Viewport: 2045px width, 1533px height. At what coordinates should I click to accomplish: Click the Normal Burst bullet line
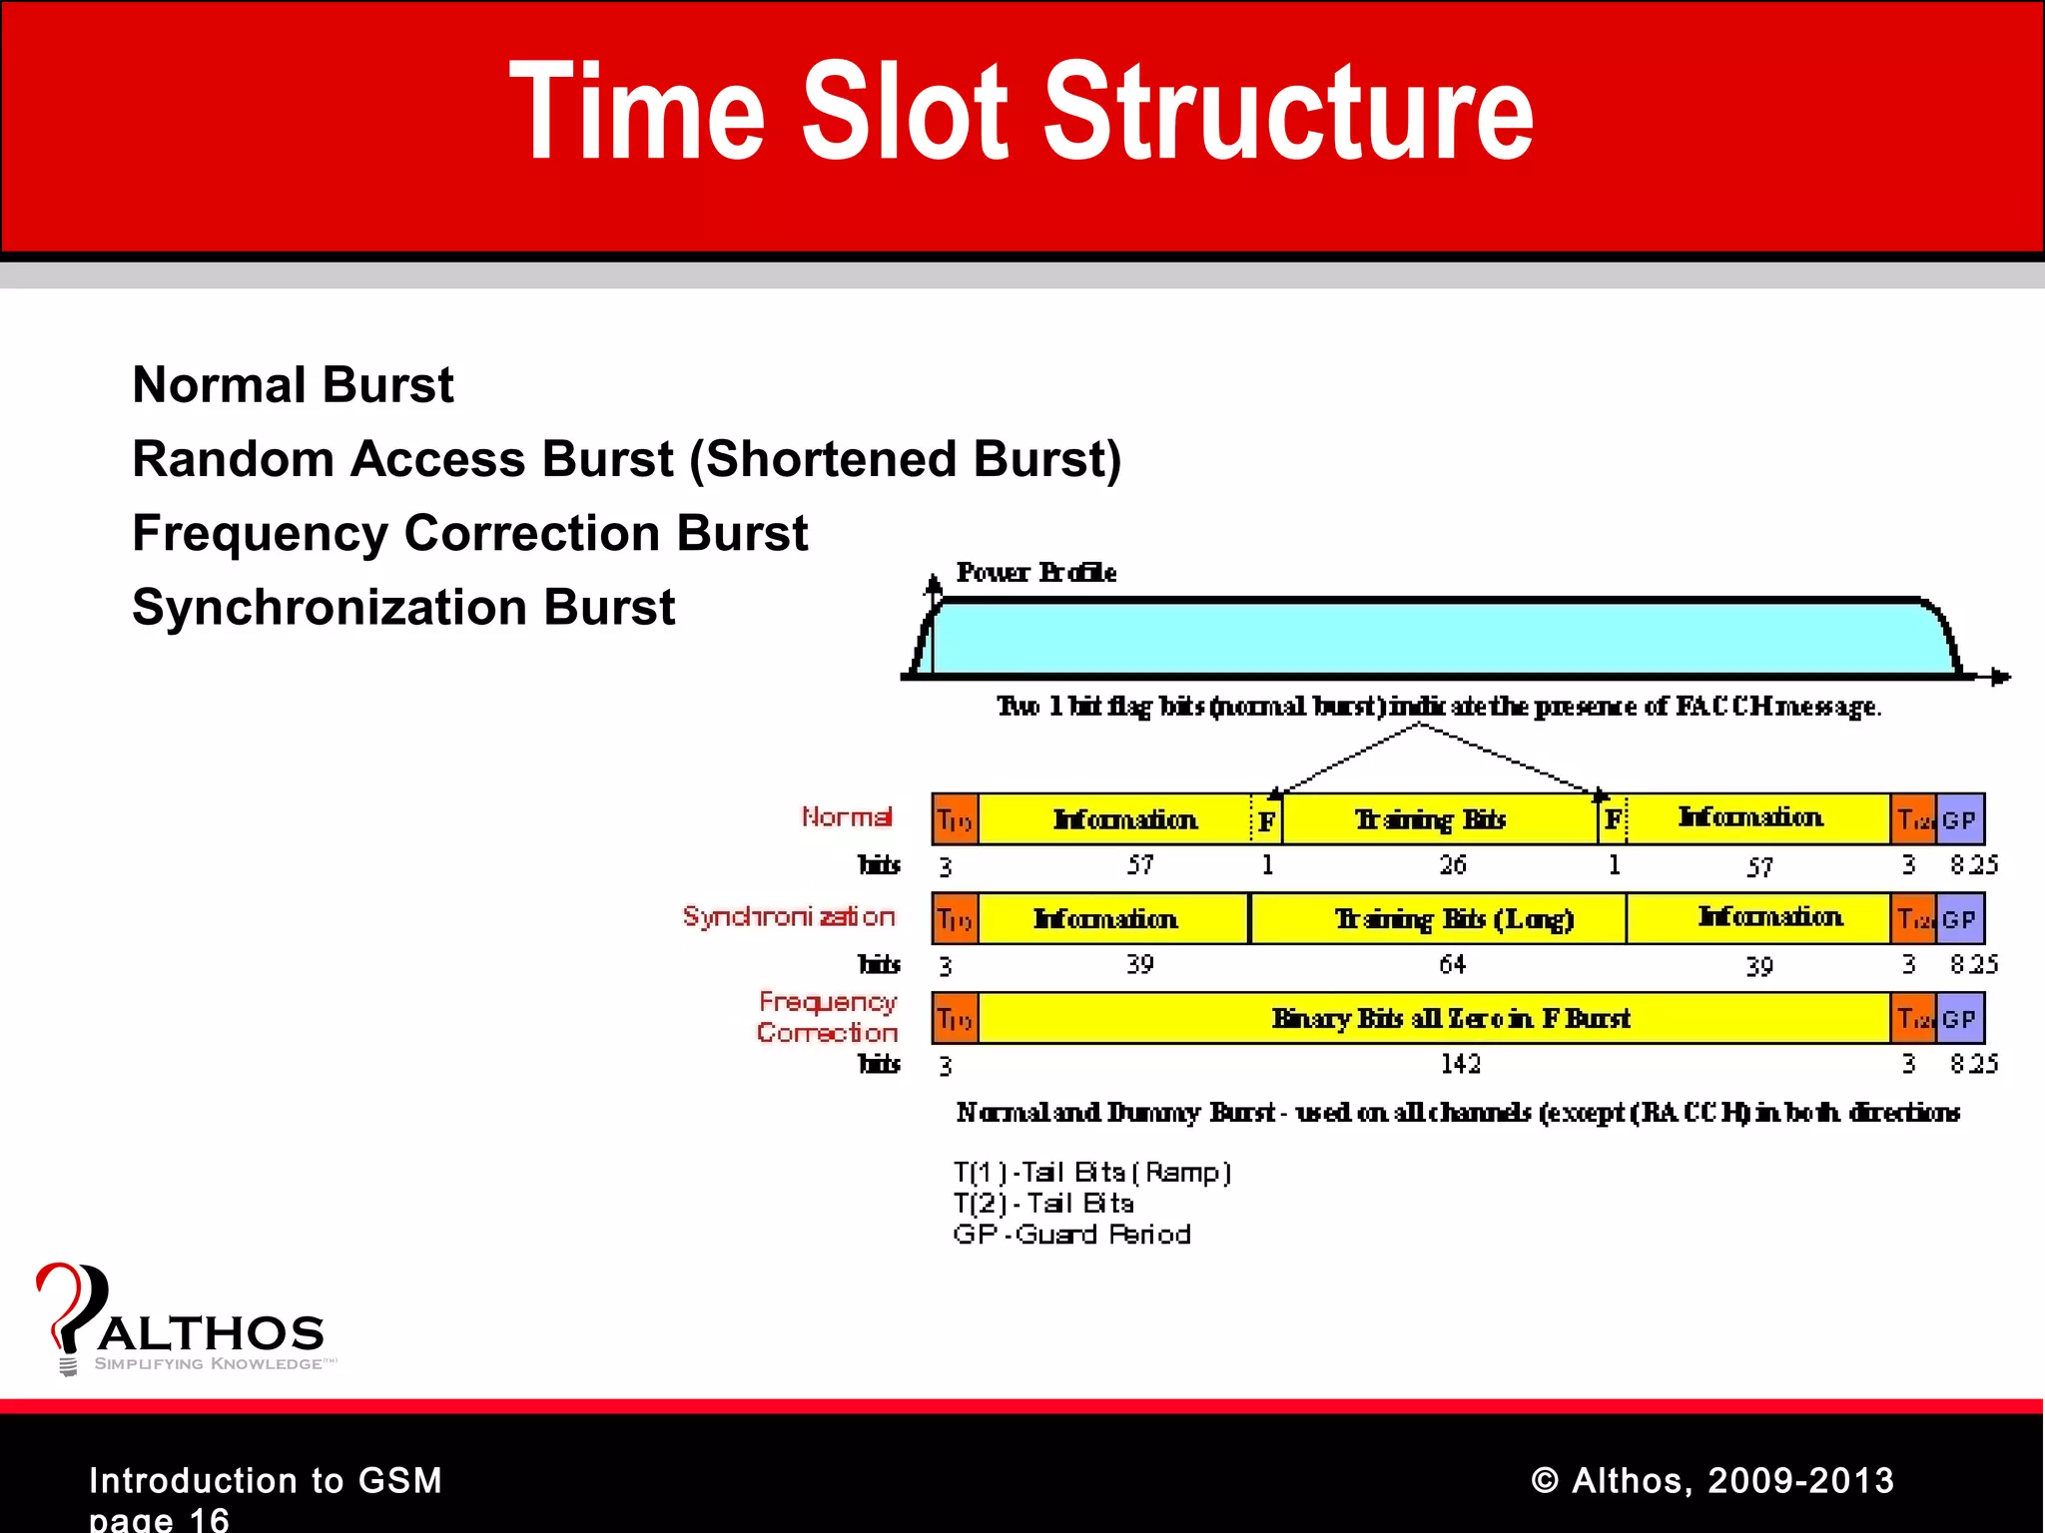pyautogui.click(x=293, y=385)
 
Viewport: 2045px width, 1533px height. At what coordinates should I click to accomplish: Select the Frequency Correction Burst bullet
pyautogui.click(x=469, y=533)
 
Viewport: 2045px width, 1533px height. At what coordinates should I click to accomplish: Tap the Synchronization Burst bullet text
pyautogui.click(x=403, y=607)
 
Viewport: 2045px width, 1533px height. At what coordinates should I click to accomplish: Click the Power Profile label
pyautogui.click(x=1035, y=572)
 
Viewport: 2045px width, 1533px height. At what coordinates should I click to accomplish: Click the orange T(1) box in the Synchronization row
pyautogui.click(x=955, y=918)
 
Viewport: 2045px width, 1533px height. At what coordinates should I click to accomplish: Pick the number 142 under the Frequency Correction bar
pyautogui.click(x=1460, y=1064)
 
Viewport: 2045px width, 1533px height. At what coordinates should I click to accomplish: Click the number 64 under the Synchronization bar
pyautogui.click(x=1452, y=964)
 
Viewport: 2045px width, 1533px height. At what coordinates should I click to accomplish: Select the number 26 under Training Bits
pyautogui.click(x=1452, y=864)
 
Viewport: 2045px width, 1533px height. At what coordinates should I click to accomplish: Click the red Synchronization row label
pyautogui.click(x=788, y=916)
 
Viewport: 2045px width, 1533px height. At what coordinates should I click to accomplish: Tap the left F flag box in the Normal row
pyautogui.click(x=1266, y=820)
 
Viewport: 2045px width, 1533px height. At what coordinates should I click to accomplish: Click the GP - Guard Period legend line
pyautogui.click(x=1071, y=1235)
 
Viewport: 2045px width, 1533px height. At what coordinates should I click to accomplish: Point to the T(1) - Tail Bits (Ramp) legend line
pyautogui.click(x=1091, y=1172)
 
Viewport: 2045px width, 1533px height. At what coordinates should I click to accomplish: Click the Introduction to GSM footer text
pyautogui.click(x=266, y=1480)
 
